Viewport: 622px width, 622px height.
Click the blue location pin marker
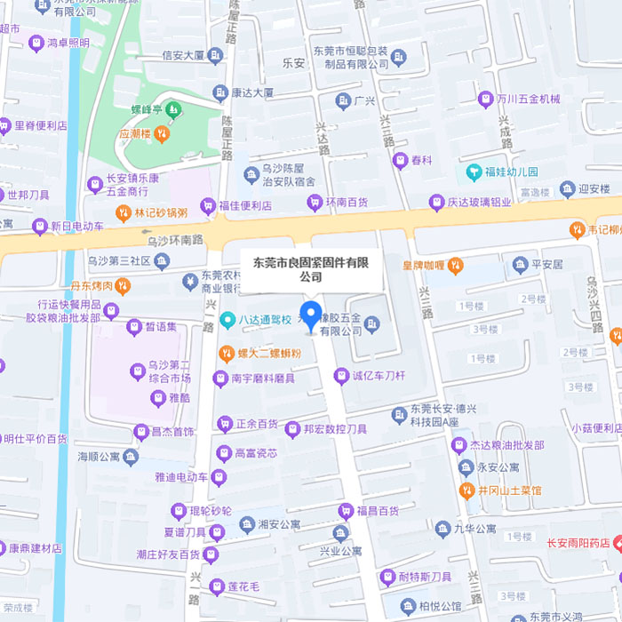(310, 315)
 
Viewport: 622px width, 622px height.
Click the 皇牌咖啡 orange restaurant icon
(456, 265)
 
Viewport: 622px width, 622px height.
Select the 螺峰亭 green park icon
(172, 110)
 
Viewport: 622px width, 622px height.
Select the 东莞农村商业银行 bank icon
(188, 282)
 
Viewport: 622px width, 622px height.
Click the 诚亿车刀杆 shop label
(379, 376)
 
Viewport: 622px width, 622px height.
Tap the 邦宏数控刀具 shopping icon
(292, 429)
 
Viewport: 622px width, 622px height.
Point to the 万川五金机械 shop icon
(485, 99)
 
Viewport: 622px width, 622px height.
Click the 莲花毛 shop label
(242, 586)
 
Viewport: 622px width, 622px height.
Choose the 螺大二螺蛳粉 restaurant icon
(227, 353)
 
